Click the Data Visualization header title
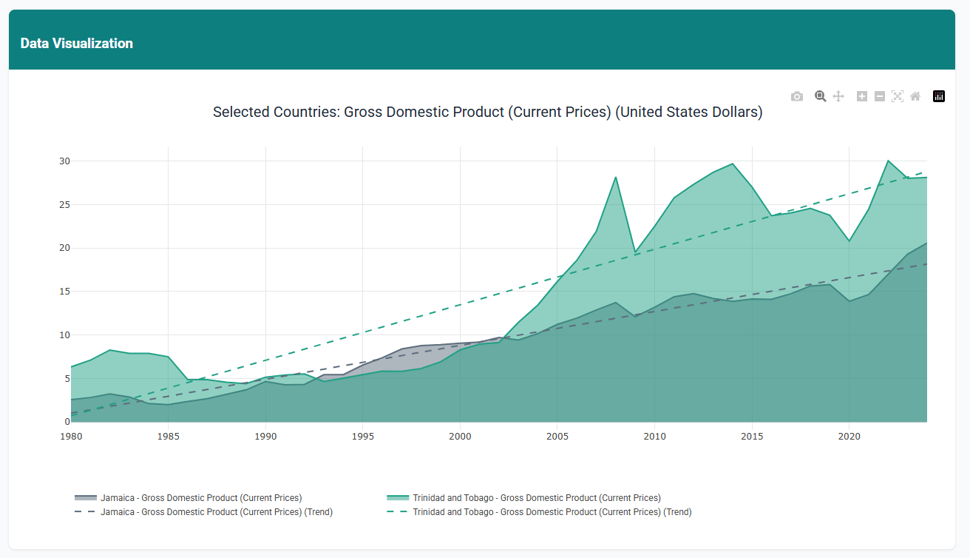(x=77, y=43)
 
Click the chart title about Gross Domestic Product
(x=487, y=112)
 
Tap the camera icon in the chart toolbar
(x=796, y=96)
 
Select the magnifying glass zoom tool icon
(x=820, y=96)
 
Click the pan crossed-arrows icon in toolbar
(x=838, y=96)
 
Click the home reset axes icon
(x=915, y=96)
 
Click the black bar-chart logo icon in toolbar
(x=939, y=96)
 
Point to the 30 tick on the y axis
(x=64, y=161)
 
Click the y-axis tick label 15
(x=64, y=292)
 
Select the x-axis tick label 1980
(x=71, y=437)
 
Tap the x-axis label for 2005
(x=557, y=437)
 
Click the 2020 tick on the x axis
(x=849, y=437)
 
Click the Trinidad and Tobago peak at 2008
(x=616, y=177)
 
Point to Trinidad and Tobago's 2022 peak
(x=888, y=161)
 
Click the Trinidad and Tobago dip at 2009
(x=635, y=252)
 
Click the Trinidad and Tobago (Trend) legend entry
(x=552, y=512)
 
